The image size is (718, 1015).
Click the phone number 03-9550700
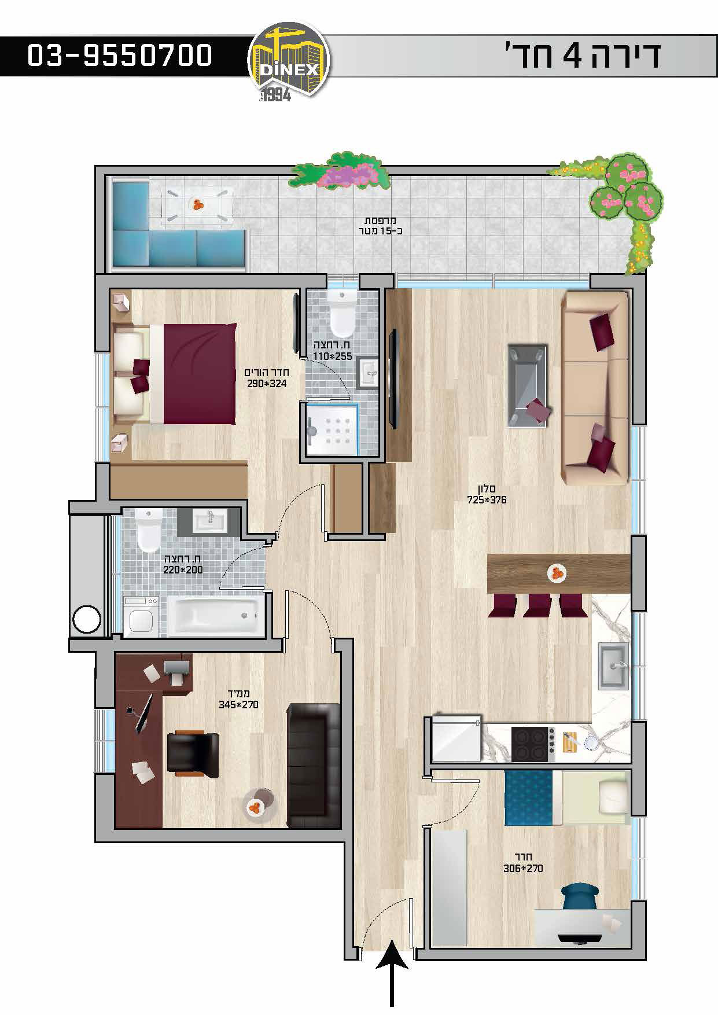pyautogui.click(x=120, y=56)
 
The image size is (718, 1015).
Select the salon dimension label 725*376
pyautogui.click(x=487, y=500)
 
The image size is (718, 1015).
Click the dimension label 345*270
pyautogui.click(x=238, y=705)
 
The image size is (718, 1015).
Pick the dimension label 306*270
pyautogui.click(x=523, y=868)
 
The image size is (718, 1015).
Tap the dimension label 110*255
pyautogui.click(x=332, y=356)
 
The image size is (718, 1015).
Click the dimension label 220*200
pyautogui.click(x=183, y=569)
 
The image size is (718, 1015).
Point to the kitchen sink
pyautogui.click(x=613, y=667)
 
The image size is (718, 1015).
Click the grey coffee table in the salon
pyautogui.click(x=527, y=386)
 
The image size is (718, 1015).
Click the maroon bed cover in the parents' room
pyautogui.click(x=199, y=374)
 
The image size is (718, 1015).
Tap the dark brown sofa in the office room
pyautogui.click(x=313, y=765)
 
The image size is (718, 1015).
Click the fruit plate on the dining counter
pyautogui.click(x=557, y=573)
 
